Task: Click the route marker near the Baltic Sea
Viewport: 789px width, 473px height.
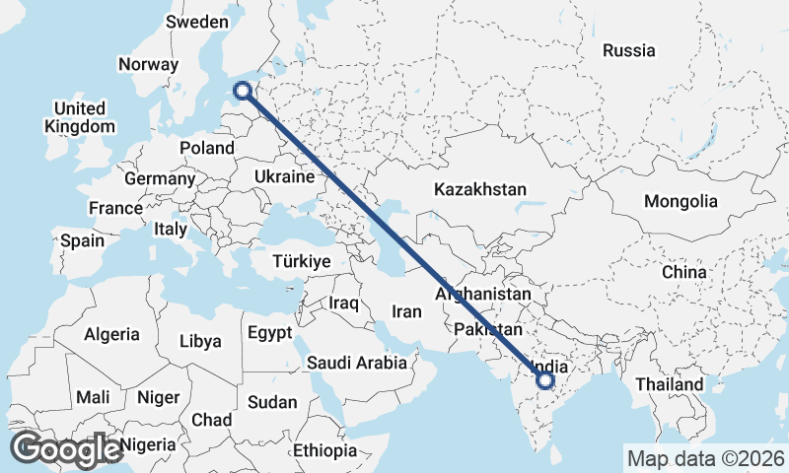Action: tap(243, 92)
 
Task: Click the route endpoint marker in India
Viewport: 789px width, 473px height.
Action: tap(545, 379)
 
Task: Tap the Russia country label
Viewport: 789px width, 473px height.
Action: tap(628, 50)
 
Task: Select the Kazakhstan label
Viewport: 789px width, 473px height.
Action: tap(480, 189)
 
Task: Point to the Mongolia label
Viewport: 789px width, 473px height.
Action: tap(681, 201)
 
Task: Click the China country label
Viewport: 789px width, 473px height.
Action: tap(683, 271)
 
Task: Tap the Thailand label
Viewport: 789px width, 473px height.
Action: tap(670, 383)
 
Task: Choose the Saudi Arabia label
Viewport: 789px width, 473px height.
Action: tap(357, 363)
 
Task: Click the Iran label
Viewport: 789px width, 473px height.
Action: tap(406, 311)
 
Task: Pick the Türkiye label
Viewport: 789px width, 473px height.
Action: tap(303, 261)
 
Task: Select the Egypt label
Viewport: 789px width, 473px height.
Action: tap(269, 333)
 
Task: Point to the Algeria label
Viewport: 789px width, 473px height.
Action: tap(111, 335)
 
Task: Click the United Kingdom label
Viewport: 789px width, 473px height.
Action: tap(80, 117)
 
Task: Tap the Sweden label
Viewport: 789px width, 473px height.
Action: tap(196, 22)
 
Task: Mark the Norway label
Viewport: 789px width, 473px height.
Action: tap(148, 64)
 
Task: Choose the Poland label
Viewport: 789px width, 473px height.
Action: tap(207, 149)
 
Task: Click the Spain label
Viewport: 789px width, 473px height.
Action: tap(81, 240)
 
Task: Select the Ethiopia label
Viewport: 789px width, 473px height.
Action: tap(324, 450)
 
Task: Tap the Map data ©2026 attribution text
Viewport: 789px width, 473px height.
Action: tap(705, 458)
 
